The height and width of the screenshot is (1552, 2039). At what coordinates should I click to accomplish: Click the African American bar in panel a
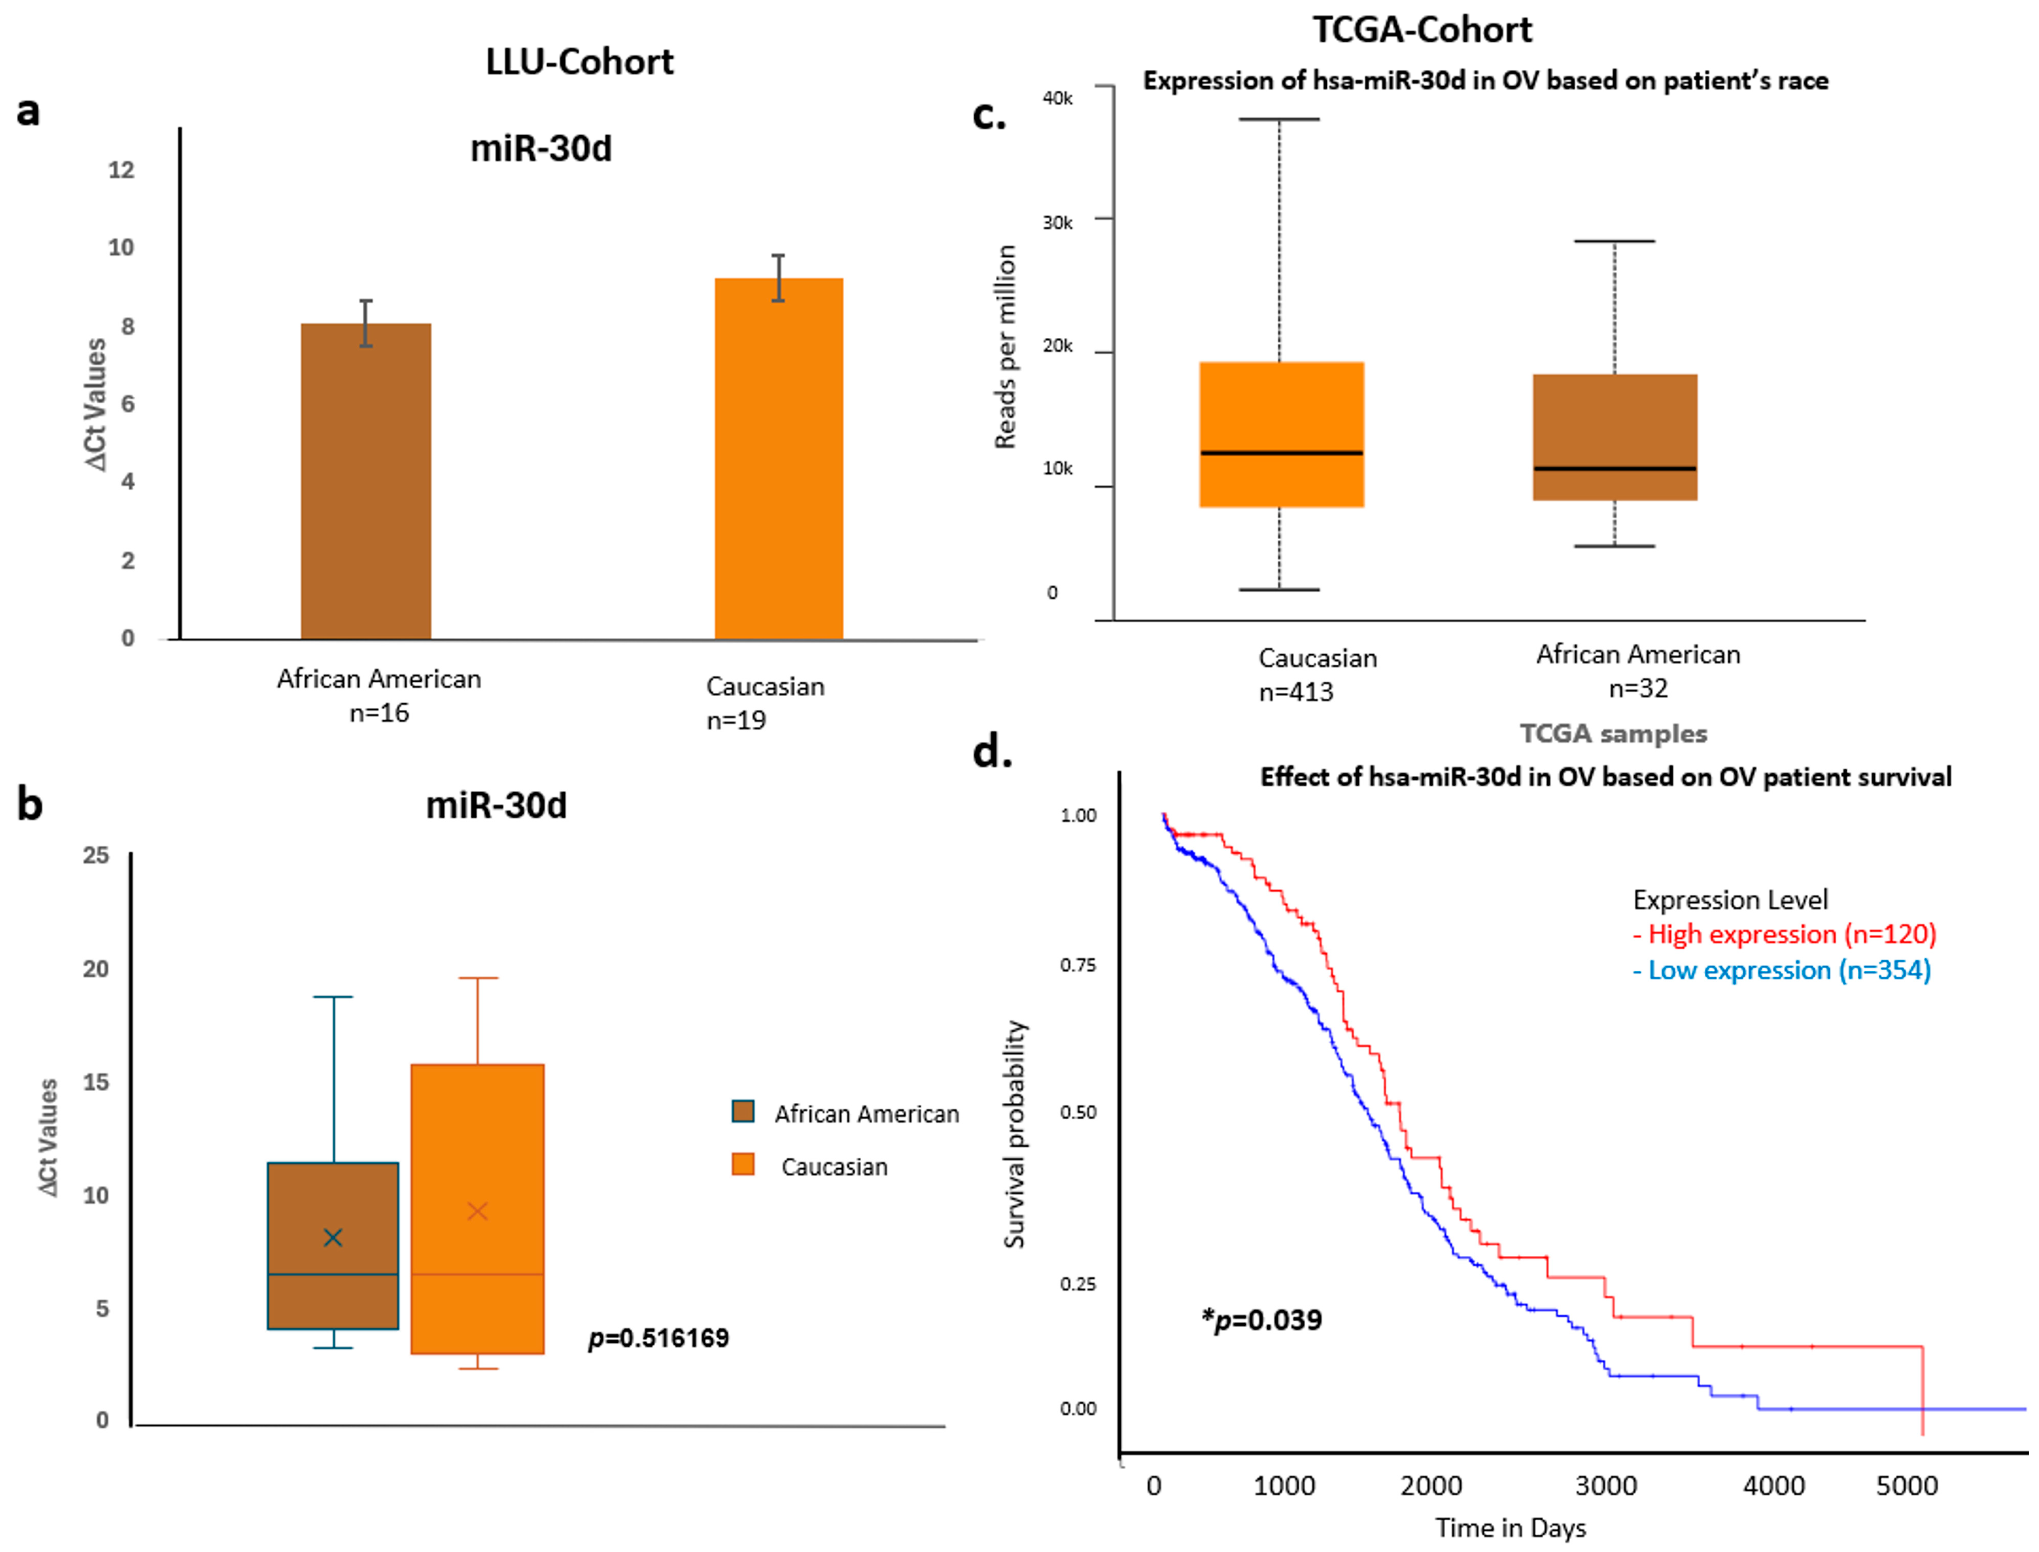[366, 481]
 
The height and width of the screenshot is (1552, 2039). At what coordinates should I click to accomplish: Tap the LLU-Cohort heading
[579, 62]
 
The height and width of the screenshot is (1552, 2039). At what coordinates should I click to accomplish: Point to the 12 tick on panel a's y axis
[121, 170]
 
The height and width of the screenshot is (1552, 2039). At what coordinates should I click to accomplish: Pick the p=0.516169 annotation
[659, 1338]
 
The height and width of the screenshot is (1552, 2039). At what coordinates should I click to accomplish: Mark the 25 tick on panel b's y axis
[96, 855]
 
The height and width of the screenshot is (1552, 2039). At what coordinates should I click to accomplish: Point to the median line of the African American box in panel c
[1615, 468]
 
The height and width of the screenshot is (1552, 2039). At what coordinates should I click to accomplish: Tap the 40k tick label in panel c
[1058, 98]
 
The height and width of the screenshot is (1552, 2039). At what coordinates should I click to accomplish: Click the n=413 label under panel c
[1296, 692]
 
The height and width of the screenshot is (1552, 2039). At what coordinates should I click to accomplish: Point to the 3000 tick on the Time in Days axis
[1606, 1486]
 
